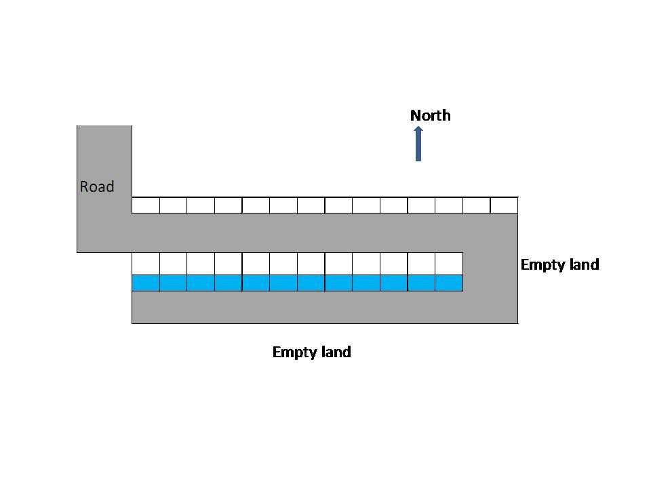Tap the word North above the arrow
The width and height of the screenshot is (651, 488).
tap(431, 115)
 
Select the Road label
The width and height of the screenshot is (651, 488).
tap(97, 186)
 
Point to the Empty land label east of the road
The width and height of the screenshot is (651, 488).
tap(559, 264)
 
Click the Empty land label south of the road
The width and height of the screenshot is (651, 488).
tap(311, 352)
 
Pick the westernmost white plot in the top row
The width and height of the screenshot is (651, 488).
tap(146, 205)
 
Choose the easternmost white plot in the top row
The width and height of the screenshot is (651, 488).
tap(504, 205)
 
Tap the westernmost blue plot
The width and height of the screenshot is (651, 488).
tap(146, 283)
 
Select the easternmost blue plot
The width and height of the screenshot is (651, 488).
tap(449, 283)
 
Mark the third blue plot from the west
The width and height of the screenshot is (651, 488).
tap(201, 283)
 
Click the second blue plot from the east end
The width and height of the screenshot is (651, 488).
tap(421, 283)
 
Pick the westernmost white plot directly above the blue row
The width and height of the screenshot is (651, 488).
tap(146, 263)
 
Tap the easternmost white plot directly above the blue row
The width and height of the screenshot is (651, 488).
tap(449, 263)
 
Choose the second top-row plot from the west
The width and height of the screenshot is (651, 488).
tap(173, 205)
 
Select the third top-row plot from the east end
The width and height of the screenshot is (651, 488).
tap(449, 205)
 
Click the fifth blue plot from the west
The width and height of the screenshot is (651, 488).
tap(256, 283)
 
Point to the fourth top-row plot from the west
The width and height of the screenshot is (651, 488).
tap(228, 205)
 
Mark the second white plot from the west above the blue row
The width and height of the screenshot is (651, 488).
tap(173, 263)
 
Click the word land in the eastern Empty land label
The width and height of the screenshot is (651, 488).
tap(581, 264)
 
